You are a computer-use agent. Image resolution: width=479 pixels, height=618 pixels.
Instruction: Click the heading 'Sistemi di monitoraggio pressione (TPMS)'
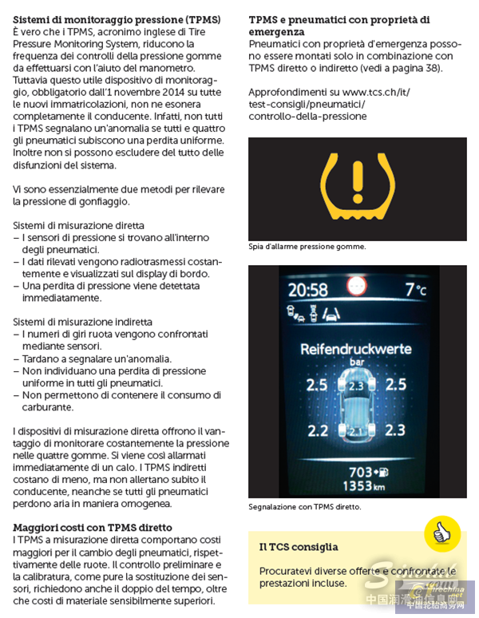click(x=118, y=18)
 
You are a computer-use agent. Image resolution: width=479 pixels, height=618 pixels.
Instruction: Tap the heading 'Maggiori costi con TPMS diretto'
click(x=93, y=528)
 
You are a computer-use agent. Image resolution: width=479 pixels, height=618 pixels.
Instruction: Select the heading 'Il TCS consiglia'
click(x=299, y=547)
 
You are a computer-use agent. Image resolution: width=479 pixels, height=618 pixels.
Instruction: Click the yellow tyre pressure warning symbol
click(x=357, y=188)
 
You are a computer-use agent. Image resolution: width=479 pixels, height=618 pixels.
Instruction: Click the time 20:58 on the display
click(x=308, y=289)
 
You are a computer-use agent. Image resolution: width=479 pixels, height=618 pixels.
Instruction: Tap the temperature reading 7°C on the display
click(x=415, y=289)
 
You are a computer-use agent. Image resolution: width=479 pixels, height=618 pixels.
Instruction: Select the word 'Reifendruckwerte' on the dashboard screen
click(x=356, y=349)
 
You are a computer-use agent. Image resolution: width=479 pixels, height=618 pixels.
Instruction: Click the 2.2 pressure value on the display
click(x=318, y=430)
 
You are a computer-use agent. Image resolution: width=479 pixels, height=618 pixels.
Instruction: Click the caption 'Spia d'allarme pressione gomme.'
click(x=307, y=247)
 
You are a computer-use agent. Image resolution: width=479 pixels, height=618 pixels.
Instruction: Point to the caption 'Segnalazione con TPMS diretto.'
click(x=305, y=507)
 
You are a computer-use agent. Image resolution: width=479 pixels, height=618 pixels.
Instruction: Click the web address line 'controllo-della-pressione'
click(x=307, y=116)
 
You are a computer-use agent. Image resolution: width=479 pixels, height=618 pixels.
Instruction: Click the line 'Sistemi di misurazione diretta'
click(x=71, y=226)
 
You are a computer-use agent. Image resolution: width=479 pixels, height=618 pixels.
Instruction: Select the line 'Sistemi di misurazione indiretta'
click(x=77, y=322)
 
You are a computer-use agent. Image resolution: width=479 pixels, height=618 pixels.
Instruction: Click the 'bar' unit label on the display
click(x=356, y=362)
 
